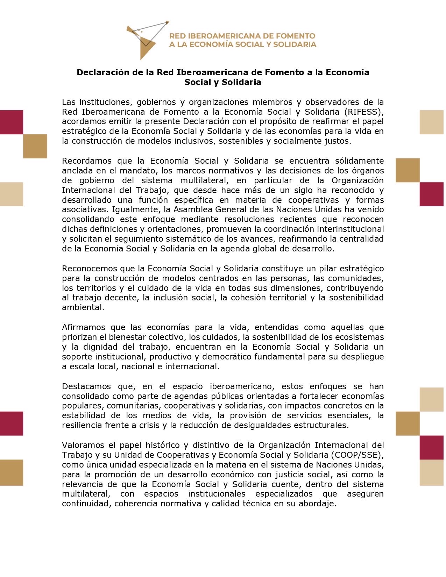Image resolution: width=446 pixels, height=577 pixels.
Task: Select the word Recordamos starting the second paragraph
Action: coord(87,161)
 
